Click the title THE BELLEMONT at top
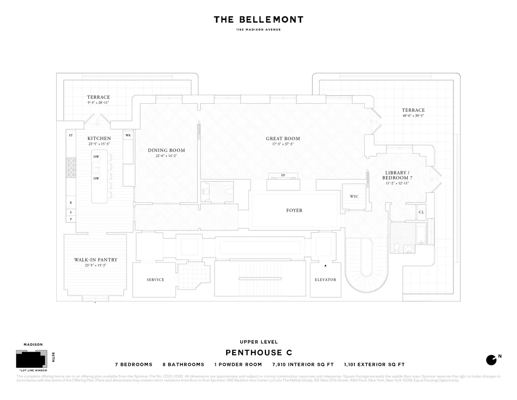258,20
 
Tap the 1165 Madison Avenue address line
258,30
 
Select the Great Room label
283,138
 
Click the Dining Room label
166,150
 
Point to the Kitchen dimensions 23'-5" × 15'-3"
99,144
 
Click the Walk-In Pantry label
96,260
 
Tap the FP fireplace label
283,176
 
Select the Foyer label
294,210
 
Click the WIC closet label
354,196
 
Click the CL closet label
422,212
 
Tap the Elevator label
325,280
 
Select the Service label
155,280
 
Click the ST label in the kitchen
71,136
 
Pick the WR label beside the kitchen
128,136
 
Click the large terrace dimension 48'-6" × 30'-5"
413,116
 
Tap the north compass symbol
491,360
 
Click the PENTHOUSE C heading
258,352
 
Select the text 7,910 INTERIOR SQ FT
303,364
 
